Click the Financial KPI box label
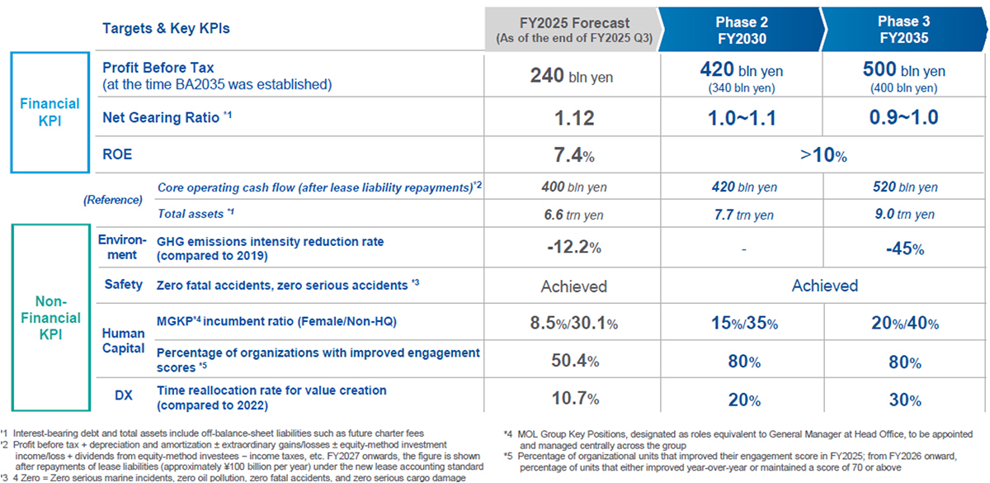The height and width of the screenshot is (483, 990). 49,111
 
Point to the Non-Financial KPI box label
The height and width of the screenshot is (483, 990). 49,318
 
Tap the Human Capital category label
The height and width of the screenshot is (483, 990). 123,340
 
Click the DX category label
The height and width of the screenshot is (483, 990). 124,396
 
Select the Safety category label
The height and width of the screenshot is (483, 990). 124,285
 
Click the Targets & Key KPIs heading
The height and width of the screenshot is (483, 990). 166,28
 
